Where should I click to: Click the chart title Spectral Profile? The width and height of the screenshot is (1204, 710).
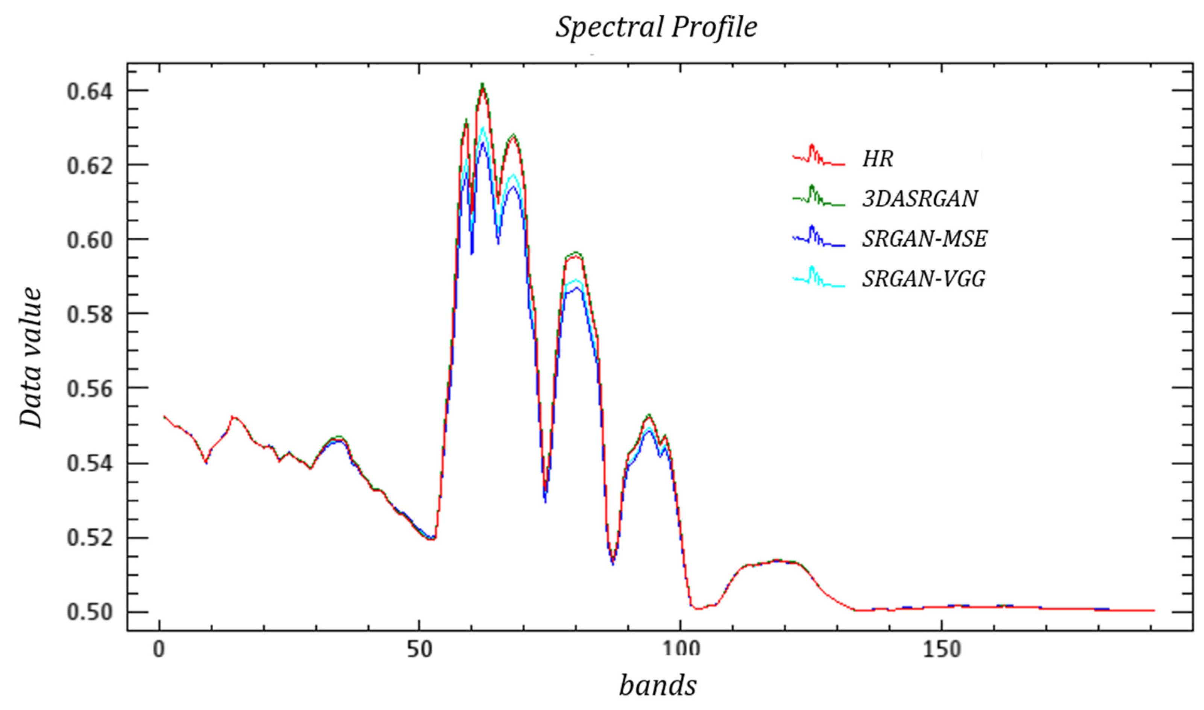(656, 27)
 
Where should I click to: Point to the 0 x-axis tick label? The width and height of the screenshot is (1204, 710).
(158, 650)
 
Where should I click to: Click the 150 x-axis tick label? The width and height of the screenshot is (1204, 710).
(942, 650)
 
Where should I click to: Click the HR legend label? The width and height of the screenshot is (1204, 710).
(877, 159)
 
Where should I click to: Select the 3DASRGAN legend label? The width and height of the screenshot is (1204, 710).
(920, 199)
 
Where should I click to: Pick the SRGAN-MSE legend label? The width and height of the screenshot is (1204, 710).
(924, 238)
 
